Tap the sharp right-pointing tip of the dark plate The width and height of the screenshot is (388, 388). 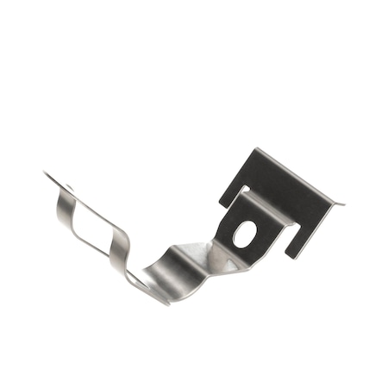pos(342,204)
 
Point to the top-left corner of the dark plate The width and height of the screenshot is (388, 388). pos(255,150)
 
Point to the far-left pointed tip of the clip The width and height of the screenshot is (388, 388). pos(44,174)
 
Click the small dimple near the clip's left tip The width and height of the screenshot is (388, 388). pos(69,188)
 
